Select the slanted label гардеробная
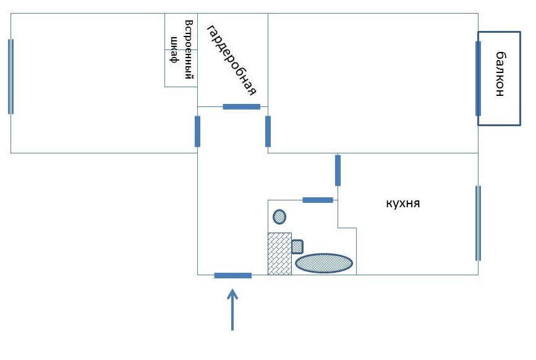[231, 61]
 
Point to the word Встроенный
[190, 53]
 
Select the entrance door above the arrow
[232, 275]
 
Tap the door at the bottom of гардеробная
[241, 106]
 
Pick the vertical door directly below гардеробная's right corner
[268, 131]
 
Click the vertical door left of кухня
[338, 170]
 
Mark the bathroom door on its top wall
[318, 200]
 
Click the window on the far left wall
[11, 76]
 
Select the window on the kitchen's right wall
[477, 223]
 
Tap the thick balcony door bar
[478, 79]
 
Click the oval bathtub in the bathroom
[324, 263]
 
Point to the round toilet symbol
[279, 216]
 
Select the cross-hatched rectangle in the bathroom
[279, 253]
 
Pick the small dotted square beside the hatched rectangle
[297, 246]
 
